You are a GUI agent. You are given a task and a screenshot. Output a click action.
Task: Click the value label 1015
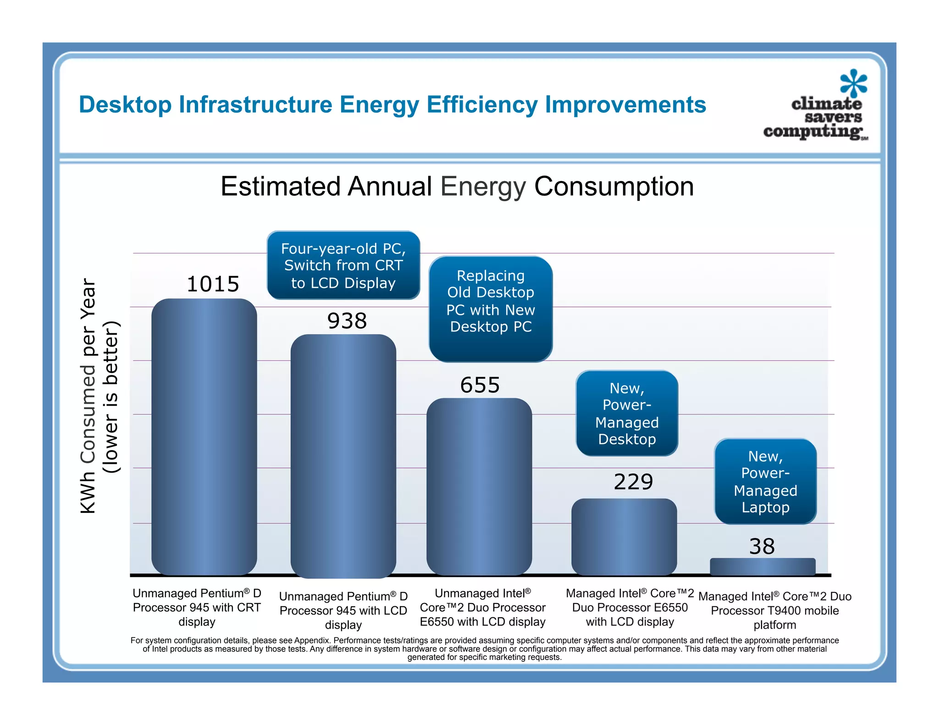(x=213, y=284)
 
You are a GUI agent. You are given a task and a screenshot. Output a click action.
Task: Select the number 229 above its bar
(x=633, y=482)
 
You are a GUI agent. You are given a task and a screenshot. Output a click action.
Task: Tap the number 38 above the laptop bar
(x=762, y=546)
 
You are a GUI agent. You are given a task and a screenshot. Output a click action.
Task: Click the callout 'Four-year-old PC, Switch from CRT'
(x=343, y=265)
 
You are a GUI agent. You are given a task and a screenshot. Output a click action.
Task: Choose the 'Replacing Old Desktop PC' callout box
(x=491, y=308)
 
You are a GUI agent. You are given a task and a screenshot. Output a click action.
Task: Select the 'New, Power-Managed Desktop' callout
(x=627, y=413)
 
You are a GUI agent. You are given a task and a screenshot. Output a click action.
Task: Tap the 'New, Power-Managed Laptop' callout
(x=765, y=481)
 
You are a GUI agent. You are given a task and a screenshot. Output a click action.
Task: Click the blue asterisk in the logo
(x=853, y=83)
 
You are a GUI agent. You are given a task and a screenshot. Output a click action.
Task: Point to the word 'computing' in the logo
(x=812, y=132)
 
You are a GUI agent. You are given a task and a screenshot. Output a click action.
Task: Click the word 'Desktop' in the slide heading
(x=125, y=104)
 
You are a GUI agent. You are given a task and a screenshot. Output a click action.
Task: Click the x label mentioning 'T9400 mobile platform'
(x=774, y=610)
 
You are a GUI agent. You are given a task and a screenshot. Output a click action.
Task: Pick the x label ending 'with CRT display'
(x=197, y=607)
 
